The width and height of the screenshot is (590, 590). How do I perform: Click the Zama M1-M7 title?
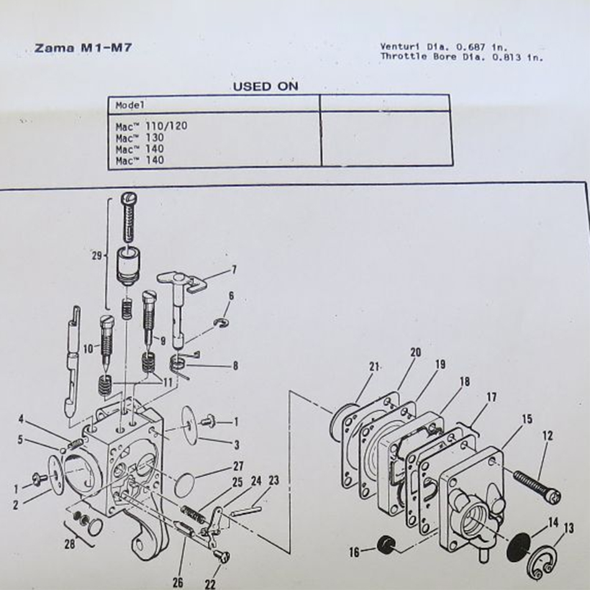point(83,48)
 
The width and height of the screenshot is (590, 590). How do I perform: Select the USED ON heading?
point(265,86)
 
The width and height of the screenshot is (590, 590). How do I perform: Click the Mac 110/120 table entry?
point(151,126)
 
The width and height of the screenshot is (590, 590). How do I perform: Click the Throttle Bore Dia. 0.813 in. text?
point(461,57)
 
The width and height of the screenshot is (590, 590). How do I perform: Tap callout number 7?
point(234,270)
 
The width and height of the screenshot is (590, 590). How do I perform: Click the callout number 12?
point(547,437)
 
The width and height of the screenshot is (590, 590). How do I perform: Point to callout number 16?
point(354,551)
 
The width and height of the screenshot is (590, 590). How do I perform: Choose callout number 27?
point(238,466)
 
